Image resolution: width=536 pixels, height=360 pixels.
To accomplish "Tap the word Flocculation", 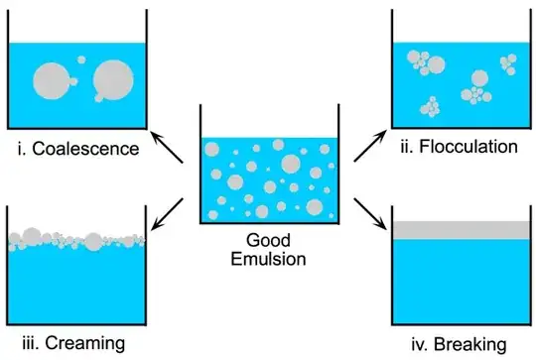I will click(x=469, y=146).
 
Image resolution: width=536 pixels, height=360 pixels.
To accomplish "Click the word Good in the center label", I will click(x=268, y=241).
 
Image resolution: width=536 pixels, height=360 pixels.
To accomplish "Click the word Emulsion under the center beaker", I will click(x=268, y=262).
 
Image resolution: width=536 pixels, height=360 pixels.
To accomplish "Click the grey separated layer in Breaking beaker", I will click(x=460, y=229).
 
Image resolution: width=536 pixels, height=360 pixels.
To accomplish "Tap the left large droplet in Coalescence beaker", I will click(x=52, y=78).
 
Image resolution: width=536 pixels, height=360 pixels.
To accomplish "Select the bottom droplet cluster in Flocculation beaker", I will click(x=433, y=106).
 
